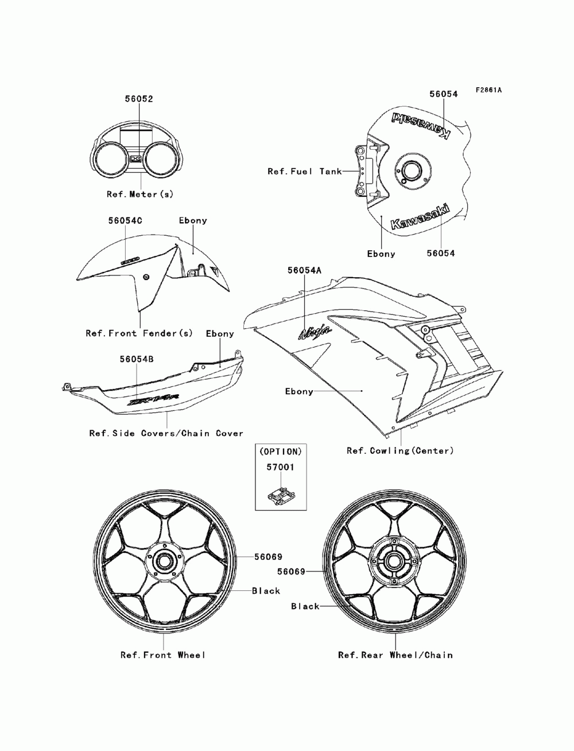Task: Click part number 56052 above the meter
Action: coord(139,99)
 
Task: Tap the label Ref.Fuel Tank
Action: coord(304,172)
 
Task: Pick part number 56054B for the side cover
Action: coord(137,359)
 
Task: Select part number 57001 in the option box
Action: coord(280,468)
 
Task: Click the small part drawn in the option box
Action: coord(280,495)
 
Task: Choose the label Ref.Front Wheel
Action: coord(163,655)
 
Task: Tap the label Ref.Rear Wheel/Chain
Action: coord(395,655)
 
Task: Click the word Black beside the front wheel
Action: coord(266,591)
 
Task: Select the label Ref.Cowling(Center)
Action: coord(400,451)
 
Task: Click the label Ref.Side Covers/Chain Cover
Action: coord(166,434)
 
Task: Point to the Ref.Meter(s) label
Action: coord(139,194)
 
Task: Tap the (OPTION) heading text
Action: coord(280,452)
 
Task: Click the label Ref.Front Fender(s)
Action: coord(139,333)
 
